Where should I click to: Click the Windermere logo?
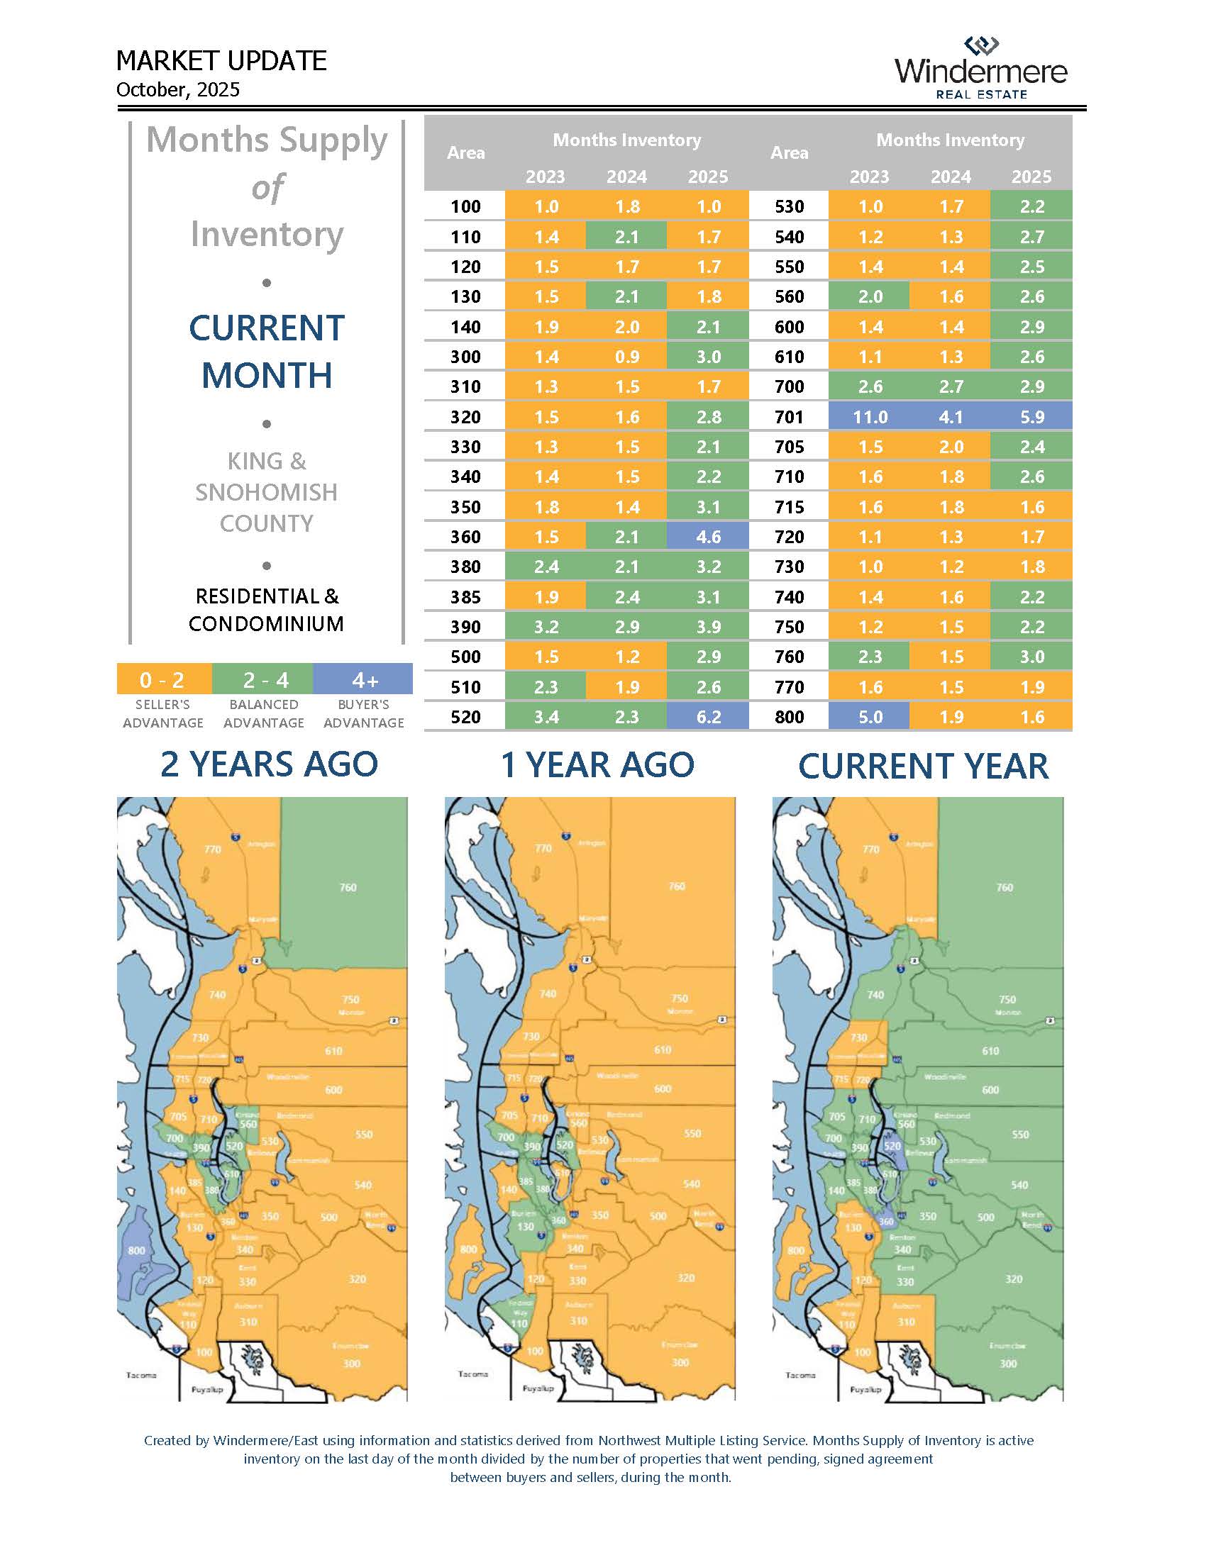pos(980,69)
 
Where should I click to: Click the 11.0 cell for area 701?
pos(870,417)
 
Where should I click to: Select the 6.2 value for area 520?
pos(708,717)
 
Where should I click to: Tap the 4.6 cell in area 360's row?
pos(708,537)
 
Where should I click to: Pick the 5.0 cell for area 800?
pos(870,717)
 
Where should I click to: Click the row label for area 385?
pos(465,597)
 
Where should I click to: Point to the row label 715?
pos(789,507)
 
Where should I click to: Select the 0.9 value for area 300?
pos(626,357)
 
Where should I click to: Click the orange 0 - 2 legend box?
pos(164,679)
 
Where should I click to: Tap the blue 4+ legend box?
pos(364,679)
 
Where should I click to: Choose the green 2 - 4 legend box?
pos(264,679)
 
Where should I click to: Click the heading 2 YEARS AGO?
pos(269,764)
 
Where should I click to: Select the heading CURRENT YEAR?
pos(923,767)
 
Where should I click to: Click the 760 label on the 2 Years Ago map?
pos(348,887)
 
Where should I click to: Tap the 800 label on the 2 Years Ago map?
pos(136,1251)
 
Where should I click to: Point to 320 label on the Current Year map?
pos(1013,1278)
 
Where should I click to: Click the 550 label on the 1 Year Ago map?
pos(692,1134)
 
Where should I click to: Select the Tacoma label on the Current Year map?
pos(800,1375)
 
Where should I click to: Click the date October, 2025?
pos(178,90)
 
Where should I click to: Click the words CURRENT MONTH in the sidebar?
pos(267,352)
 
